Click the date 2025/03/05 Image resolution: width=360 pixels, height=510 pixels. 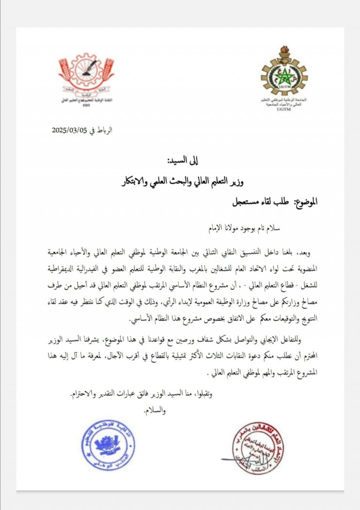(x=71, y=131)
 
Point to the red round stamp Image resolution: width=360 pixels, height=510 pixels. (x=253, y=449)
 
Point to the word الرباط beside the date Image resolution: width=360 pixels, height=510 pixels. (x=105, y=131)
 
